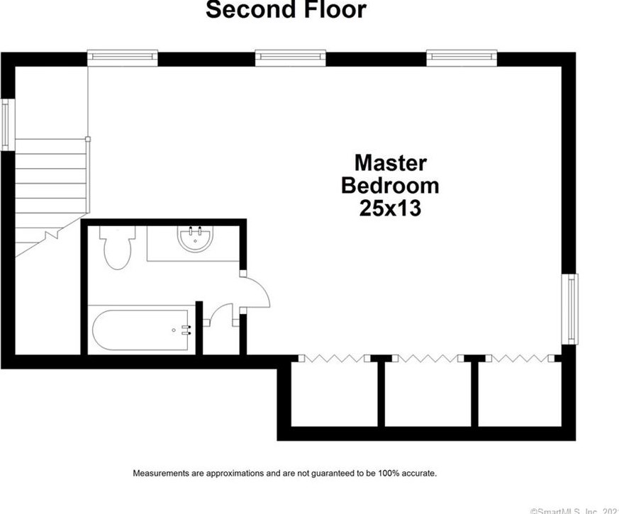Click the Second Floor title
(x=286, y=11)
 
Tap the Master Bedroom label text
(x=390, y=174)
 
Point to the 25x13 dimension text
(x=390, y=208)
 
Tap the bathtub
(x=140, y=329)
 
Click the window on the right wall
(x=571, y=309)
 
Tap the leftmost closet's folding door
(x=334, y=358)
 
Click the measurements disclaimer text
(x=285, y=472)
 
